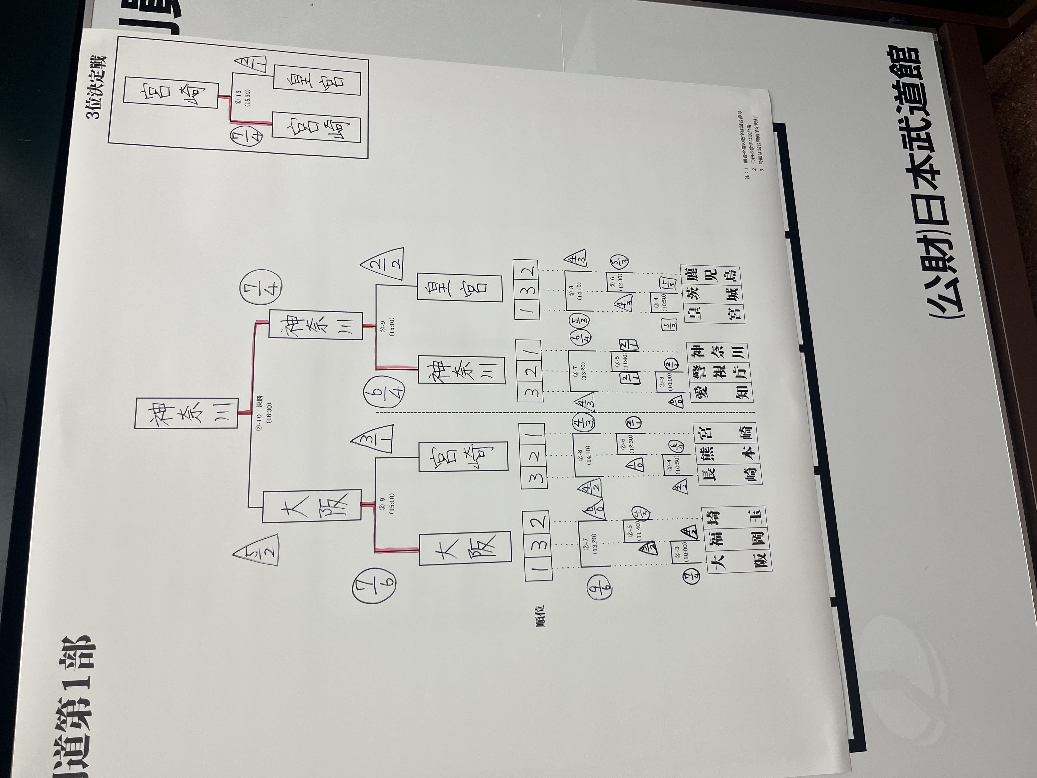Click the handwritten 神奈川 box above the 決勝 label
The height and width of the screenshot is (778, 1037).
pos(186,413)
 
